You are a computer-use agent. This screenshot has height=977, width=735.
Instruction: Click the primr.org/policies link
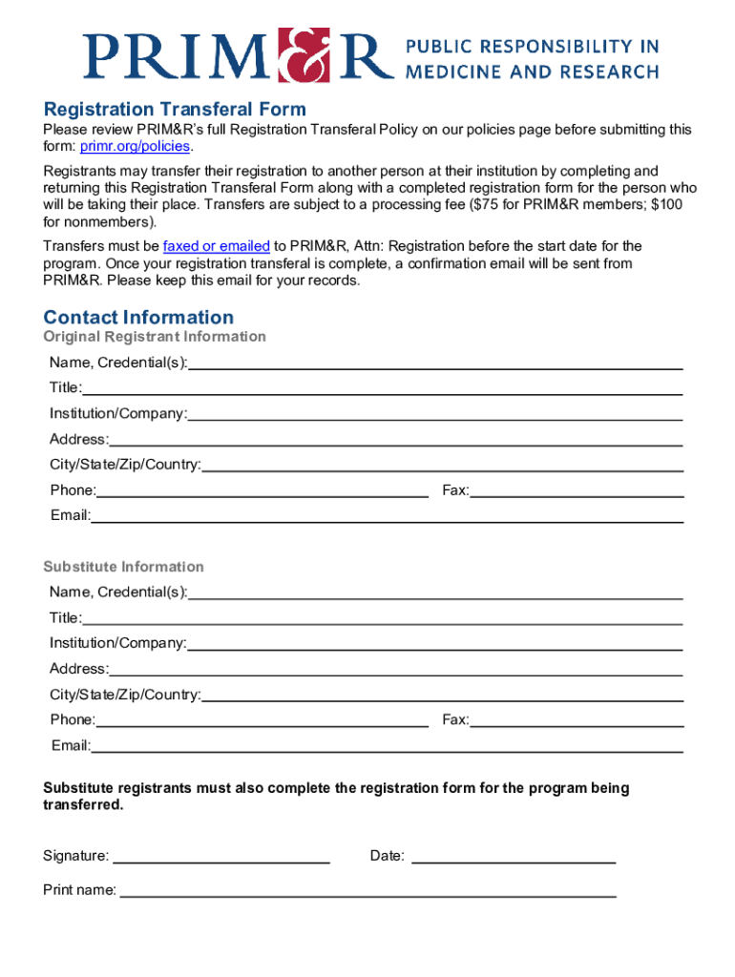[x=136, y=146]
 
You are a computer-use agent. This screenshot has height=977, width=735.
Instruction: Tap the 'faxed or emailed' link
[x=217, y=246]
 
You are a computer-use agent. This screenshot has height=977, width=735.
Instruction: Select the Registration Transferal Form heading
[x=175, y=109]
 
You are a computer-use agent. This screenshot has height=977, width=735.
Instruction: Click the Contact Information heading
[x=138, y=317]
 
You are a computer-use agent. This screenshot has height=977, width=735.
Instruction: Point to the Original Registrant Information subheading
[x=155, y=337]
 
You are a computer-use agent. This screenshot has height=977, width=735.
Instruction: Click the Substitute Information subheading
[x=123, y=567]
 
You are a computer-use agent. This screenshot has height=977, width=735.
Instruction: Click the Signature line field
[x=221, y=856]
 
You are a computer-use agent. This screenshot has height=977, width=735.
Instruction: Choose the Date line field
[x=513, y=856]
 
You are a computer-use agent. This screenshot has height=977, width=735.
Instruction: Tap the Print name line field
[x=367, y=890]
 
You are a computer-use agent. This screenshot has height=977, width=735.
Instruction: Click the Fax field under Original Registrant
[x=577, y=490]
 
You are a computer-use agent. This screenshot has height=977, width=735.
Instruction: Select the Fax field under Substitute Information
[x=577, y=719]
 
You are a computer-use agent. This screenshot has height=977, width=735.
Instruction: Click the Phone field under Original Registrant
[x=262, y=490]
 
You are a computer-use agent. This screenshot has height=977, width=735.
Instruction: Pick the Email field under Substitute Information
[x=387, y=745]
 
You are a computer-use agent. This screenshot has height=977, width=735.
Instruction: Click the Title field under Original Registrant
[x=382, y=388]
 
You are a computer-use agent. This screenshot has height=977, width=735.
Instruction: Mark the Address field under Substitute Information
[x=395, y=669]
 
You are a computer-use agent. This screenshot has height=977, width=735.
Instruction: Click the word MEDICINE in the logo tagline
[x=453, y=71]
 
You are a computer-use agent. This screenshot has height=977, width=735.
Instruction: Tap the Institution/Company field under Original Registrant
[x=434, y=414]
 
